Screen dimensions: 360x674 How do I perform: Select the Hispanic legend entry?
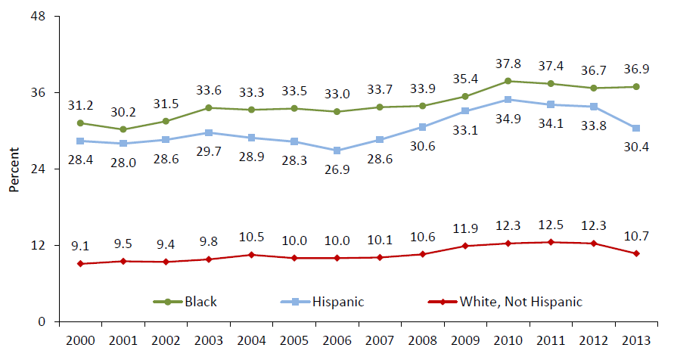point(326,302)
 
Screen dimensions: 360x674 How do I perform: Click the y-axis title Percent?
point(14,172)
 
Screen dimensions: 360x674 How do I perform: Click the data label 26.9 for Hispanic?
point(337,169)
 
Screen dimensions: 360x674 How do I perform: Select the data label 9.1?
point(80,245)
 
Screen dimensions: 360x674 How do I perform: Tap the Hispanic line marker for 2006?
point(337,151)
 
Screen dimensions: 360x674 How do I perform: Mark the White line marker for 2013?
point(637,253)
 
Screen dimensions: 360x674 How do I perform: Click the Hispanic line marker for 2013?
point(637,128)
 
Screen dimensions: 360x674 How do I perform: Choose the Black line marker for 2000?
point(80,123)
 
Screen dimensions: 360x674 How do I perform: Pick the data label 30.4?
point(637,146)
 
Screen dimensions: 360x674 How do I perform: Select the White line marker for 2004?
point(252,255)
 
